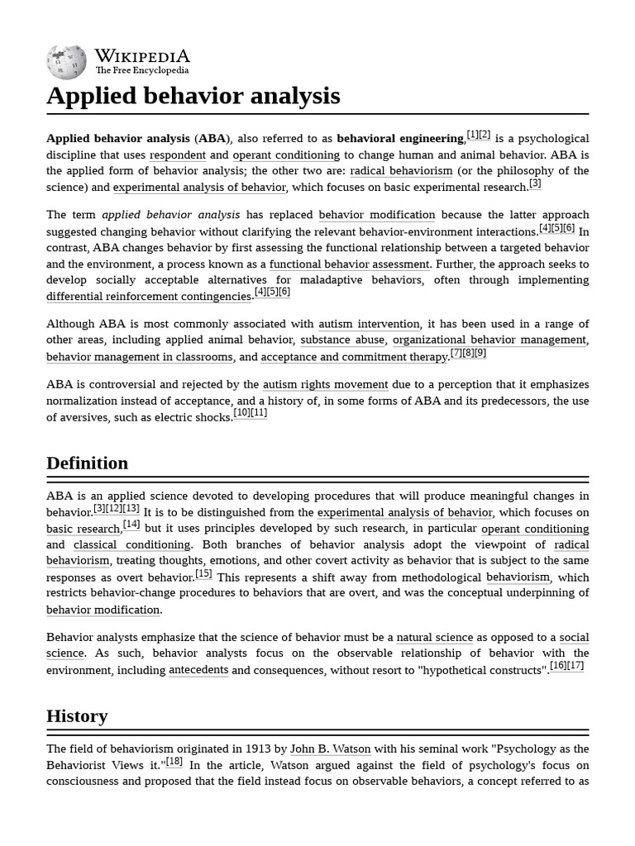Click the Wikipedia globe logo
pyautogui.click(x=66, y=62)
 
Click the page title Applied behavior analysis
pyautogui.click(x=193, y=96)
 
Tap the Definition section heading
pyautogui.click(x=87, y=463)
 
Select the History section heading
pyautogui.click(x=77, y=715)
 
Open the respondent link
pyautogui.click(x=177, y=155)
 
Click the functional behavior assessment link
pyautogui.click(x=349, y=264)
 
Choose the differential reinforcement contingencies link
pyautogui.click(x=149, y=297)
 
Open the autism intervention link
pyautogui.click(x=369, y=324)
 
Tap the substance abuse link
pyautogui.click(x=342, y=340)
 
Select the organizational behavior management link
pyautogui.click(x=489, y=340)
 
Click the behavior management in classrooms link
pyautogui.click(x=140, y=357)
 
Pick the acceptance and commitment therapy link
pyautogui.click(x=354, y=357)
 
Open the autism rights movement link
pyautogui.click(x=325, y=385)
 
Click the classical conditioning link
pyautogui.click(x=131, y=545)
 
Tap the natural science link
pyautogui.click(x=434, y=638)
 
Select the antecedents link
pyautogui.click(x=198, y=670)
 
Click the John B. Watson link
pyautogui.click(x=330, y=749)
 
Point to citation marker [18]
pyautogui.click(x=174, y=763)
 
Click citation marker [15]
pyautogui.click(x=203, y=574)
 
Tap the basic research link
pyautogui.click(x=84, y=529)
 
